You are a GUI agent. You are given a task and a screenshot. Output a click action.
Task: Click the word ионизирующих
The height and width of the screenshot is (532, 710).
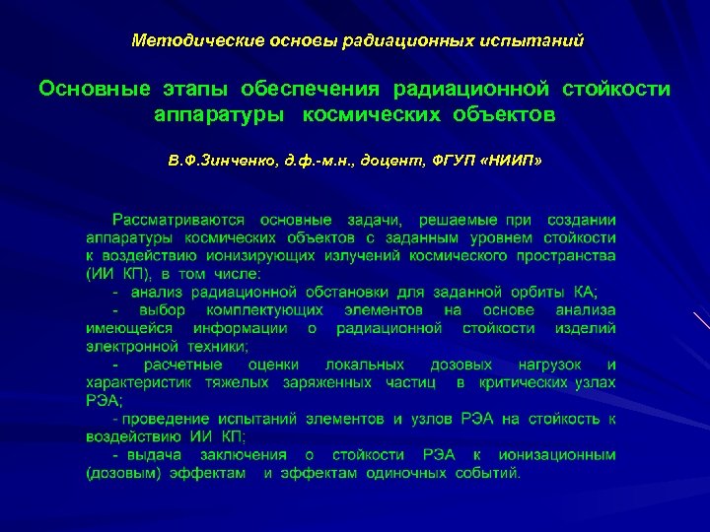tap(250, 256)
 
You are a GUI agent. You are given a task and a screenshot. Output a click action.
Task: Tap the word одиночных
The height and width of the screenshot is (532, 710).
tap(409, 473)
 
